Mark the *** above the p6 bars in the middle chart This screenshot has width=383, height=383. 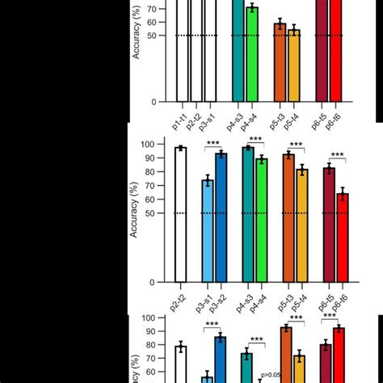(336, 155)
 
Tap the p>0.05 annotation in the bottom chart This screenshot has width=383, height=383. (270, 375)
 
